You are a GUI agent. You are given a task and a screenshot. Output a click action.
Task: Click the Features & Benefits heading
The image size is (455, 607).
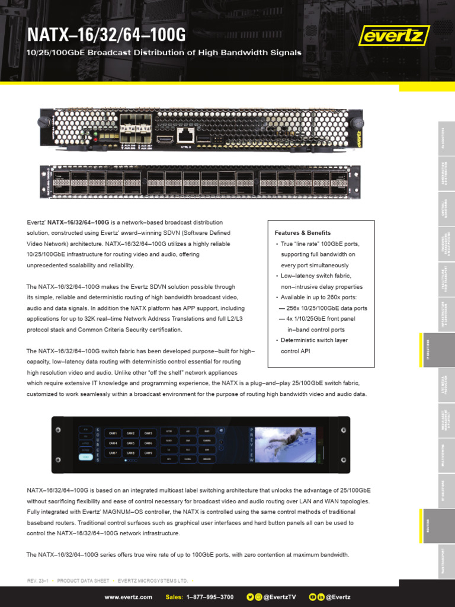tap(303, 233)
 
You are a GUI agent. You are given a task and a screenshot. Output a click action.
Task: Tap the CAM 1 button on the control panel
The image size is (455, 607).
tap(113, 433)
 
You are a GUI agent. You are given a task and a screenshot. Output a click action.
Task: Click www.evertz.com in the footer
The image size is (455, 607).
tap(129, 597)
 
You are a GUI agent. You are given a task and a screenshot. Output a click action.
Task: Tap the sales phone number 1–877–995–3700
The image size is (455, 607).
tap(210, 597)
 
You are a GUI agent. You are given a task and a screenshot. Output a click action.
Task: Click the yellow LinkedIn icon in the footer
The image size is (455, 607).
tap(321, 597)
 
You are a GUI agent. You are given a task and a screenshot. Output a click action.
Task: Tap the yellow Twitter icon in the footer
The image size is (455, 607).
tap(249, 597)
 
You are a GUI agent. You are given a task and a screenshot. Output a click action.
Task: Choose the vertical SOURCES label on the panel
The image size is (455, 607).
tap(97, 445)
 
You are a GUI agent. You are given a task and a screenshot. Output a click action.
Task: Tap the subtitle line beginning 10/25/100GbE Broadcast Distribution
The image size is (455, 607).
tap(165, 53)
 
